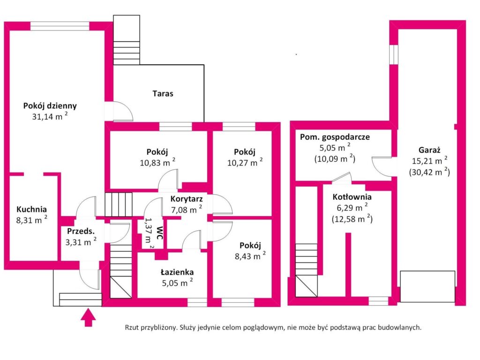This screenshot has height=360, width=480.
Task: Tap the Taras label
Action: (x=163, y=93)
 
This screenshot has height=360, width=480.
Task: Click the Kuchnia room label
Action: (x=32, y=210)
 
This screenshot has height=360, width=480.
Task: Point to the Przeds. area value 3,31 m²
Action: (x=81, y=242)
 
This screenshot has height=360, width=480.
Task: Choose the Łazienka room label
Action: (x=177, y=271)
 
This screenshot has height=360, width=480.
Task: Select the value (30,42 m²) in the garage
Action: (x=429, y=172)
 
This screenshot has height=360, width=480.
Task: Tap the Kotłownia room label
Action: (x=352, y=197)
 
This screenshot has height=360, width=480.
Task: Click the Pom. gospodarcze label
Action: (x=335, y=137)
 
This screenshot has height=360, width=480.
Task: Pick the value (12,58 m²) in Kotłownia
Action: (x=352, y=219)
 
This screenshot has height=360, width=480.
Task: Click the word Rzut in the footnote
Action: (x=133, y=328)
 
